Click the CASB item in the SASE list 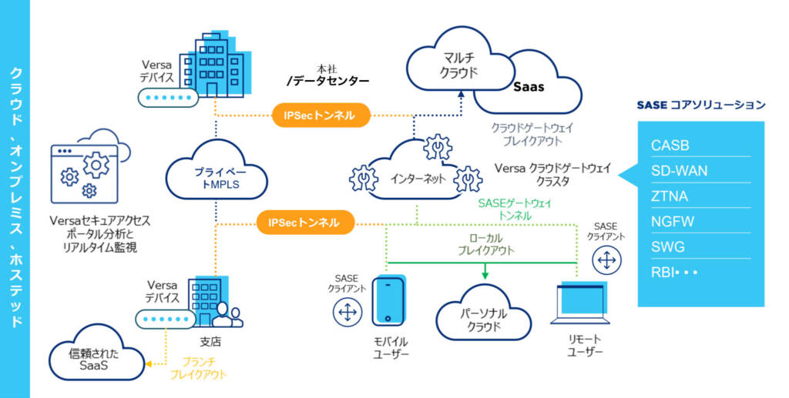coord(670,145)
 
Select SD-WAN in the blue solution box coord(678,171)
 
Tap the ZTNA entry coord(670,196)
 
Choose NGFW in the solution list coord(672,222)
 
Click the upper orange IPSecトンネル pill coord(320,115)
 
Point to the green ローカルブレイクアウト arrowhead coord(485,274)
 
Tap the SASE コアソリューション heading coord(700,105)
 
